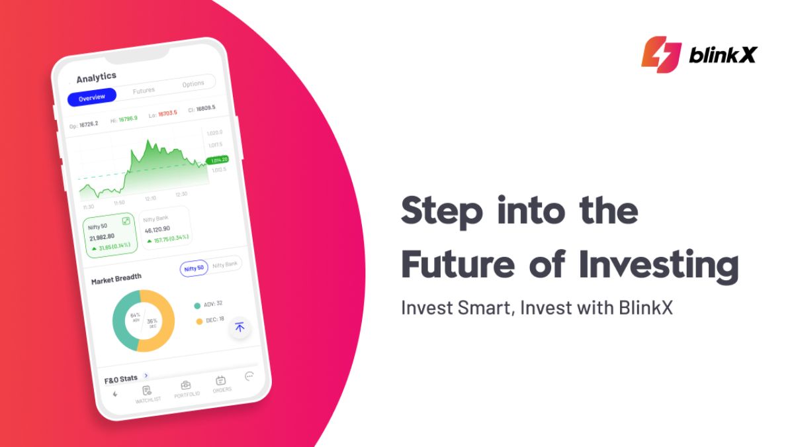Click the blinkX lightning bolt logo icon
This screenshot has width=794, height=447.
point(661,54)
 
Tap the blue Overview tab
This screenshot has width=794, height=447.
point(92,97)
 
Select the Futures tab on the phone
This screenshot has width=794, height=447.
point(144,91)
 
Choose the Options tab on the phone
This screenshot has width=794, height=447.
point(193,84)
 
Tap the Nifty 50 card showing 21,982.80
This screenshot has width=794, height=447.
point(110,236)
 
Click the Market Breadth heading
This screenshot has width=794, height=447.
point(116,278)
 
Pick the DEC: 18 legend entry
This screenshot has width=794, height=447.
point(210,321)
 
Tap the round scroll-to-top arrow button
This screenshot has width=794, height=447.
point(240,327)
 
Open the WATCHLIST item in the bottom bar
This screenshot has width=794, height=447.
point(148,394)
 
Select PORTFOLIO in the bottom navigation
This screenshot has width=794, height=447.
point(187,389)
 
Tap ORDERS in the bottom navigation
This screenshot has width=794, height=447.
point(222,384)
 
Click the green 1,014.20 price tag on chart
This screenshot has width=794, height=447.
point(217,160)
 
